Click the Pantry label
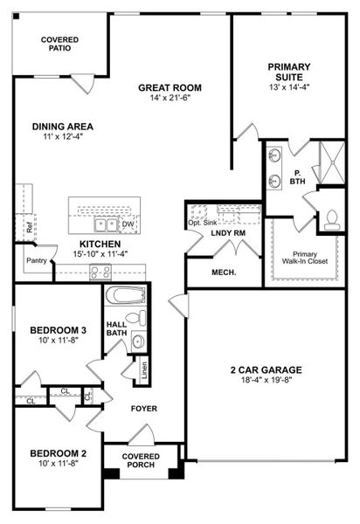pos(36,259)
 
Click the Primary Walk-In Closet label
pos(305,258)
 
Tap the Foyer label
pos(144,408)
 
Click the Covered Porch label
pos(140,461)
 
